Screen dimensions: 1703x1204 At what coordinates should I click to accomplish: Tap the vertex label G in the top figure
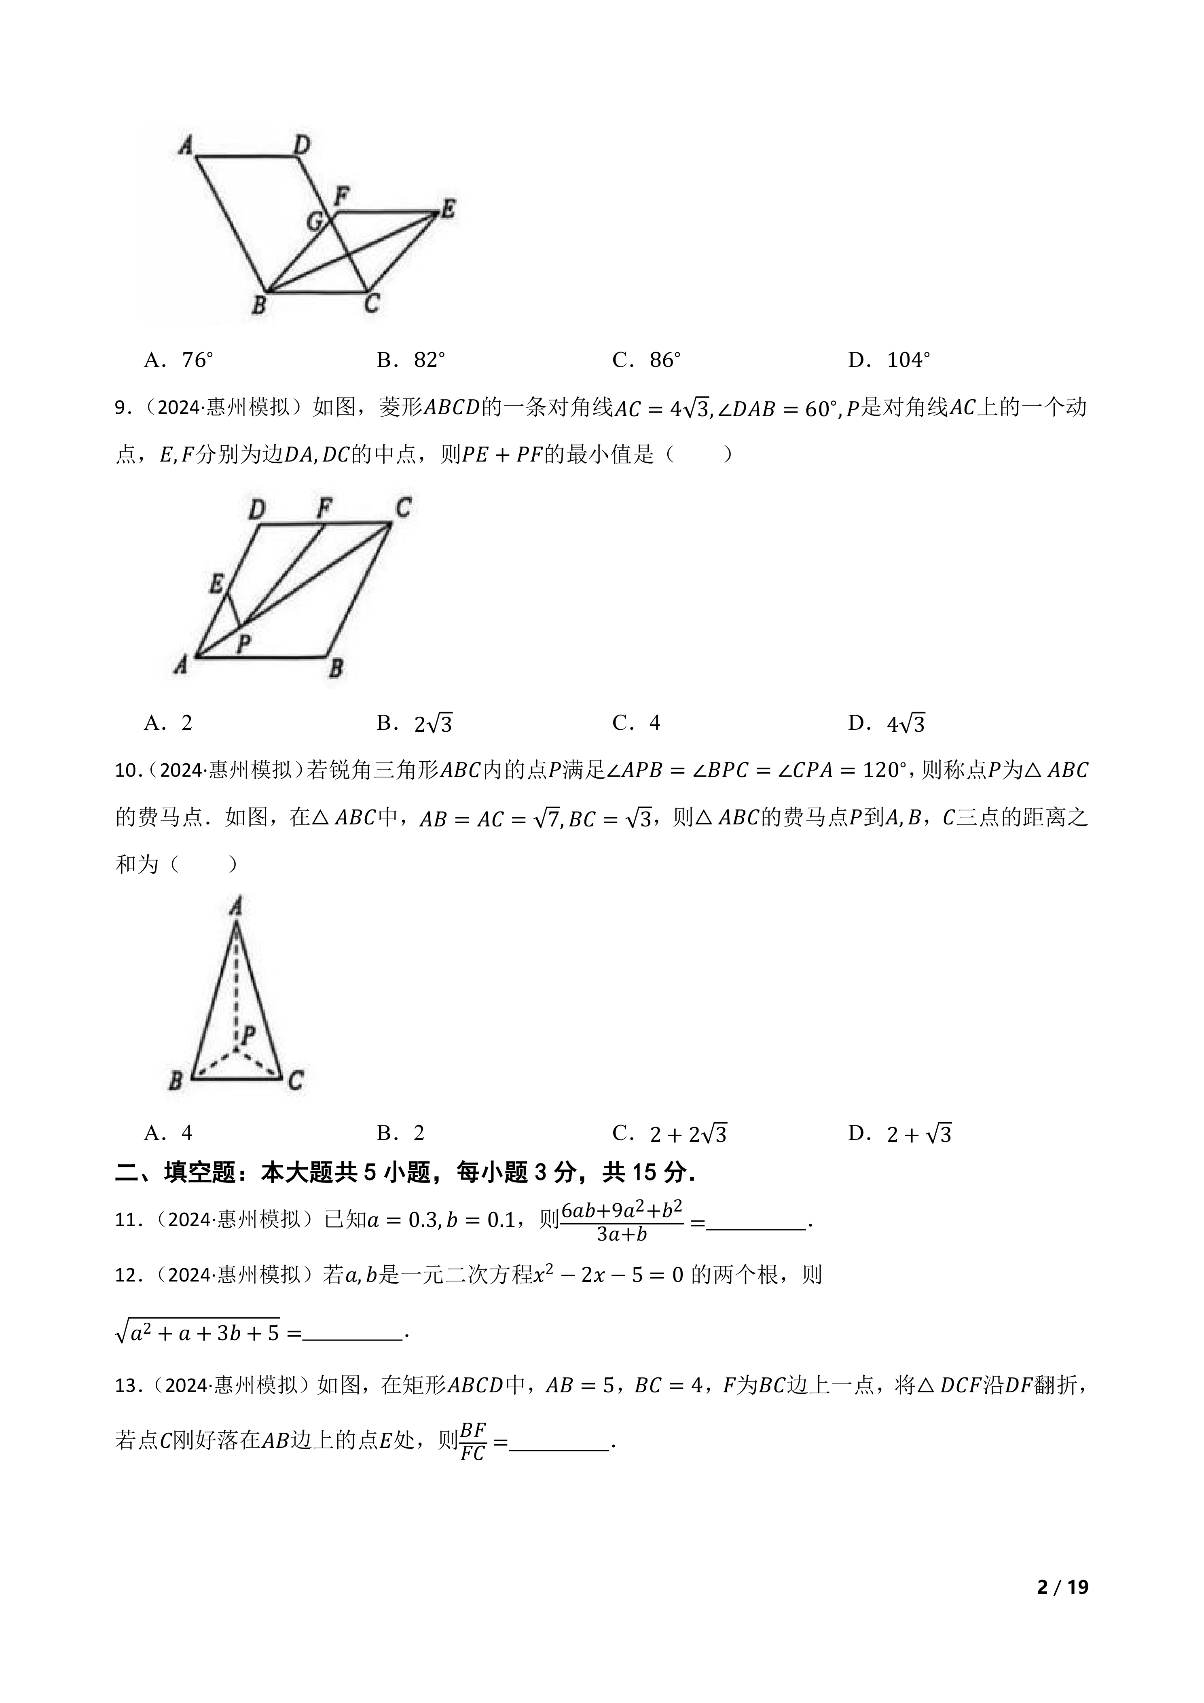point(315,220)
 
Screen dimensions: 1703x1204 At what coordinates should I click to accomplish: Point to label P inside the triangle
point(248,1035)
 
